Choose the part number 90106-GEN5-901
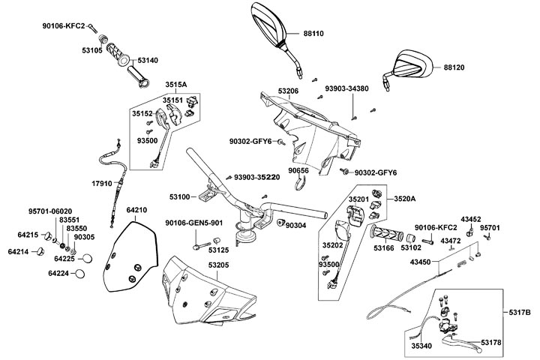tap(194, 223)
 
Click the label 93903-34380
tap(346, 88)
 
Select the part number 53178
tap(491, 342)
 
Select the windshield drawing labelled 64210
tap(132, 259)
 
